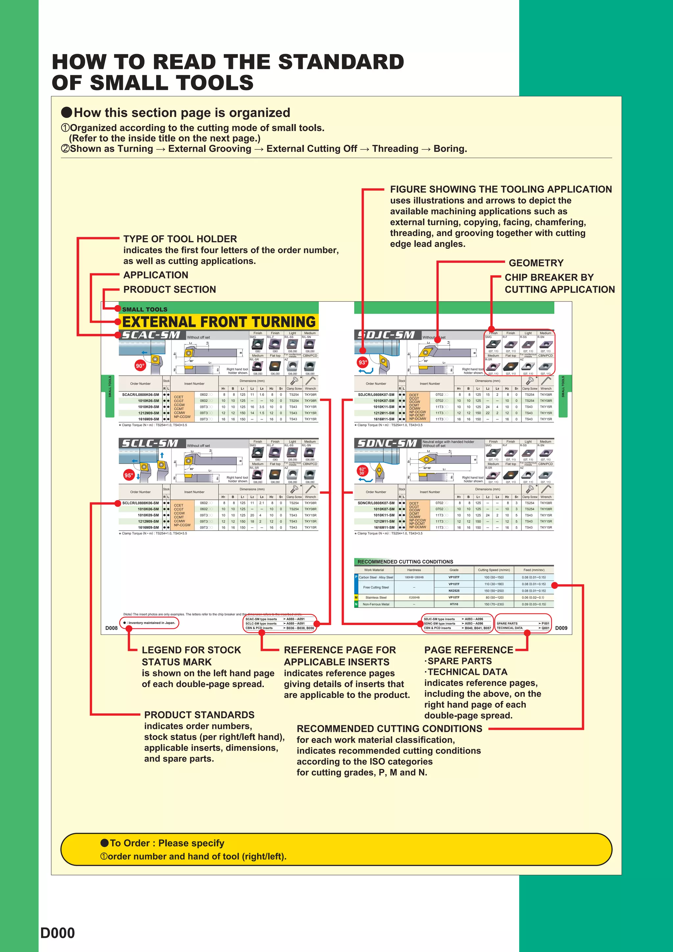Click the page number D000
[x=58, y=933]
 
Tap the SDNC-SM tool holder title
[x=387, y=443]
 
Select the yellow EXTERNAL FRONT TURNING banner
[x=219, y=322]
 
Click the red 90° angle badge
[x=140, y=366]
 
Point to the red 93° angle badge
[x=363, y=362]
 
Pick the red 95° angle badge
[x=128, y=475]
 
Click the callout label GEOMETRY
[x=536, y=263]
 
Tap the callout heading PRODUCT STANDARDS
[x=199, y=715]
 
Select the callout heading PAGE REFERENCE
[x=469, y=650]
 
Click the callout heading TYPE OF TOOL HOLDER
[x=180, y=239]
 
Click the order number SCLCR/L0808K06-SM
[x=140, y=503]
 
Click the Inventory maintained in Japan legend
[x=150, y=623]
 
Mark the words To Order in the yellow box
[x=130, y=843]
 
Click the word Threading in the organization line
[x=395, y=149]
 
